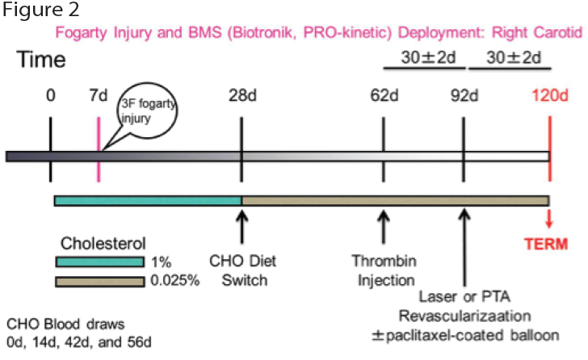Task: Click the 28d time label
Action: [242, 96]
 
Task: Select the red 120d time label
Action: [550, 95]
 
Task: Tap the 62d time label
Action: [384, 96]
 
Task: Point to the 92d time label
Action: [464, 96]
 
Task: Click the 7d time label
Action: [99, 95]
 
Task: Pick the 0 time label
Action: [51, 95]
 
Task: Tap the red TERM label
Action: [546, 245]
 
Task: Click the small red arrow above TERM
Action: [549, 219]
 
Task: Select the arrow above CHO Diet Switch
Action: [241, 227]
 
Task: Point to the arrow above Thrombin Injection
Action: [383, 227]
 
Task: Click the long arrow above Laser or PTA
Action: [464, 248]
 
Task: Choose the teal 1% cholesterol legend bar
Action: [100, 262]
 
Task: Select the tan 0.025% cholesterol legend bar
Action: [100, 282]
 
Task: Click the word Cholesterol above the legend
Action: [103, 244]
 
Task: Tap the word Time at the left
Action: [41, 59]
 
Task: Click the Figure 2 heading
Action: [41, 10]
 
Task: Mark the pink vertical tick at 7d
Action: [99, 149]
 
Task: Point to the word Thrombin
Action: [384, 261]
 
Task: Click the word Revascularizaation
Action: [464, 316]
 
